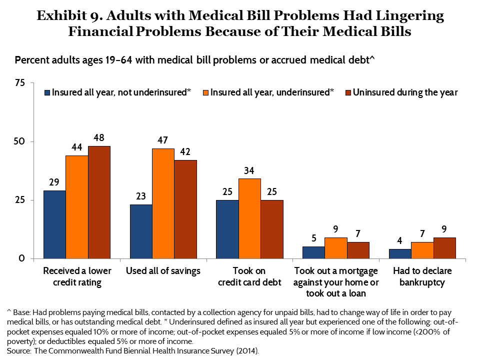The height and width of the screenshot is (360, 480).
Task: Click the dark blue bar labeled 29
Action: pyautogui.click(x=54, y=224)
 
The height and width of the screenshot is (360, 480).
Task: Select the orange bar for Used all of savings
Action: pyautogui.click(x=163, y=203)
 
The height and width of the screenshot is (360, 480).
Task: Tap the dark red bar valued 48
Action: pyautogui.click(x=99, y=202)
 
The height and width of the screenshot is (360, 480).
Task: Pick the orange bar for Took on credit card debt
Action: pyautogui.click(x=249, y=218)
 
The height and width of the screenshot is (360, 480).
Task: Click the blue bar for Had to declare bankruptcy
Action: pyautogui.click(x=400, y=253)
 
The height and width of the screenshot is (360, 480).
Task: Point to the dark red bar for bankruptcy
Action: pyautogui.click(x=444, y=248)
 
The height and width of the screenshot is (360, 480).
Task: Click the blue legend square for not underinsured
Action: pyautogui.click(x=47, y=92)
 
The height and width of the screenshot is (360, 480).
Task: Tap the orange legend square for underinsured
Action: pyautogui.click(x=205, y=92)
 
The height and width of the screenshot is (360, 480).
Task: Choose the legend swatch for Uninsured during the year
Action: pyautogui.click(x=348, y=92)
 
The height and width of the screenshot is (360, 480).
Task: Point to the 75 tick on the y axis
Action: pyautogui.click(x=19, y=83)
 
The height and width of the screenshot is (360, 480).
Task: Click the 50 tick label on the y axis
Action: pyautogui.click(x=19, y=141)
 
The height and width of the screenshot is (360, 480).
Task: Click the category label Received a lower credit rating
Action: pyautogui.click(x=77, y=276)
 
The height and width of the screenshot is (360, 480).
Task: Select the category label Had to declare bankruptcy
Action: pyautogui.click(x=422, y=276)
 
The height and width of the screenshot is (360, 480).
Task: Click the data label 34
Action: pyautogui.click(x=249, y=170)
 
